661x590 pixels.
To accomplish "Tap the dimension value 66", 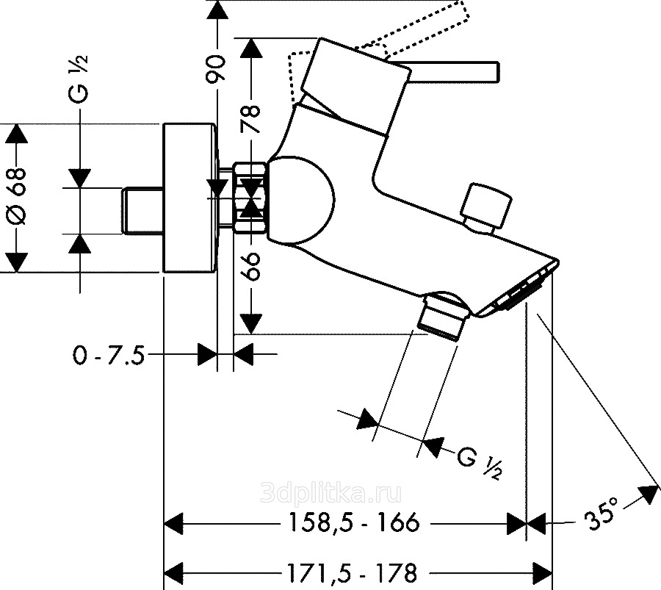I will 252,266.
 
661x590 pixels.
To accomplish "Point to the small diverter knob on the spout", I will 485,207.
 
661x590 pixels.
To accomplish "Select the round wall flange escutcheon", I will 189,198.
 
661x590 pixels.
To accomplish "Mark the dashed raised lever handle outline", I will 426,29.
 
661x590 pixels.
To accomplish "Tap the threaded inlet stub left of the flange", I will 141,212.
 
